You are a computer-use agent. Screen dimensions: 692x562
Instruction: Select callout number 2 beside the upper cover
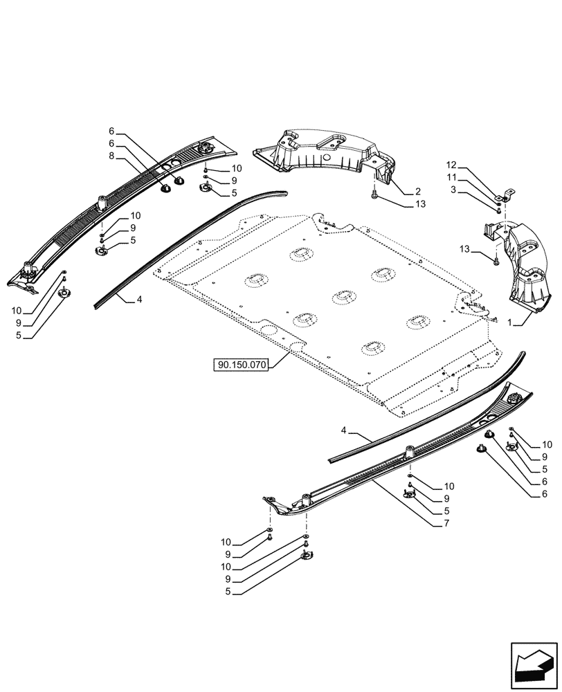point(417,190)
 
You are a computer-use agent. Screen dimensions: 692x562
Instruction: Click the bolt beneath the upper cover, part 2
point(374,196)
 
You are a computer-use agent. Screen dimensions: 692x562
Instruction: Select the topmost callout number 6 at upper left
point(111,131)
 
